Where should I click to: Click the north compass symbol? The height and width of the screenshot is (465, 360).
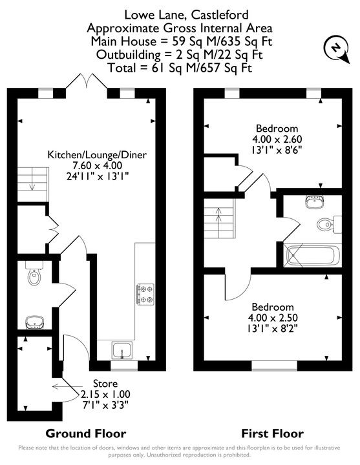[x=337, y=49]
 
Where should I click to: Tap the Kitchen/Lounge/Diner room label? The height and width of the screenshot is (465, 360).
[x=97, y=154]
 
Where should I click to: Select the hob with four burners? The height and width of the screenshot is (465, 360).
[x=145, y=294]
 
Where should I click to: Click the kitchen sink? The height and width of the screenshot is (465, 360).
[x=122, y=350]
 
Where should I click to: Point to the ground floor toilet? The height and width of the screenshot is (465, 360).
[x=34, y=273]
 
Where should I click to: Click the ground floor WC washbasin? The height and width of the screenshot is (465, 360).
[x=35, y=322]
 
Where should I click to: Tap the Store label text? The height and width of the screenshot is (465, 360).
[x=105, y=384]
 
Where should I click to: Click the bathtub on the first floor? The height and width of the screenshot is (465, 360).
[x=312, y=255]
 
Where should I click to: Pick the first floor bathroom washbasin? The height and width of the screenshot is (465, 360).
[x=314, y=202]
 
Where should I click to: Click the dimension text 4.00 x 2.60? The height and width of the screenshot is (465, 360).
[x=277, y=139]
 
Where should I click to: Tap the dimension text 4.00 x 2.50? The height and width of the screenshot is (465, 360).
[x=273, y=318]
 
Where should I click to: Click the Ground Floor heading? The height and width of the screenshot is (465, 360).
[x=86, y=433]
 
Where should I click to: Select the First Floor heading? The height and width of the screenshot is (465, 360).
[x=273, y=433]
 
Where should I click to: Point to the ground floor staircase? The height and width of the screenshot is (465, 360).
[x=33, y=185]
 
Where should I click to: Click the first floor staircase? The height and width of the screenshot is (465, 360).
[x=219, y=218]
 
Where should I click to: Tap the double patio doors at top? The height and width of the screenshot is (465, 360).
[x=87, y=81]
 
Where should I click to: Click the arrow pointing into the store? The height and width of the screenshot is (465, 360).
[x=67, y=386]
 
